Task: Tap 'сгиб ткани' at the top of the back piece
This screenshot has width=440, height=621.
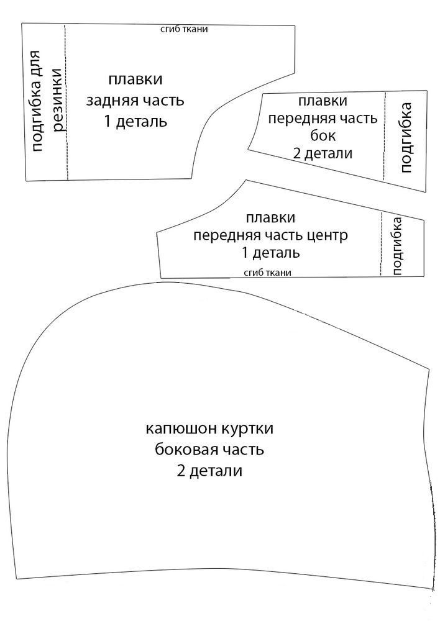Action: (183, 29)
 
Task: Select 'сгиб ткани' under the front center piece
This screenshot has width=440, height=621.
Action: (268, 272)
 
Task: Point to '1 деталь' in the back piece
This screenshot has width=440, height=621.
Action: (135, 120)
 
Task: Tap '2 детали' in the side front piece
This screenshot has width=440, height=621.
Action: (321, 153)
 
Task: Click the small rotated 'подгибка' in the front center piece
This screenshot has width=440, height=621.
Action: (398, 245)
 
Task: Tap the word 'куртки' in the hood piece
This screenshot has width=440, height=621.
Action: (246, 429)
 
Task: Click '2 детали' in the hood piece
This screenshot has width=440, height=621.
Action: (209, 470)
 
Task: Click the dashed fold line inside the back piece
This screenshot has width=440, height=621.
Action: (66, 137)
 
